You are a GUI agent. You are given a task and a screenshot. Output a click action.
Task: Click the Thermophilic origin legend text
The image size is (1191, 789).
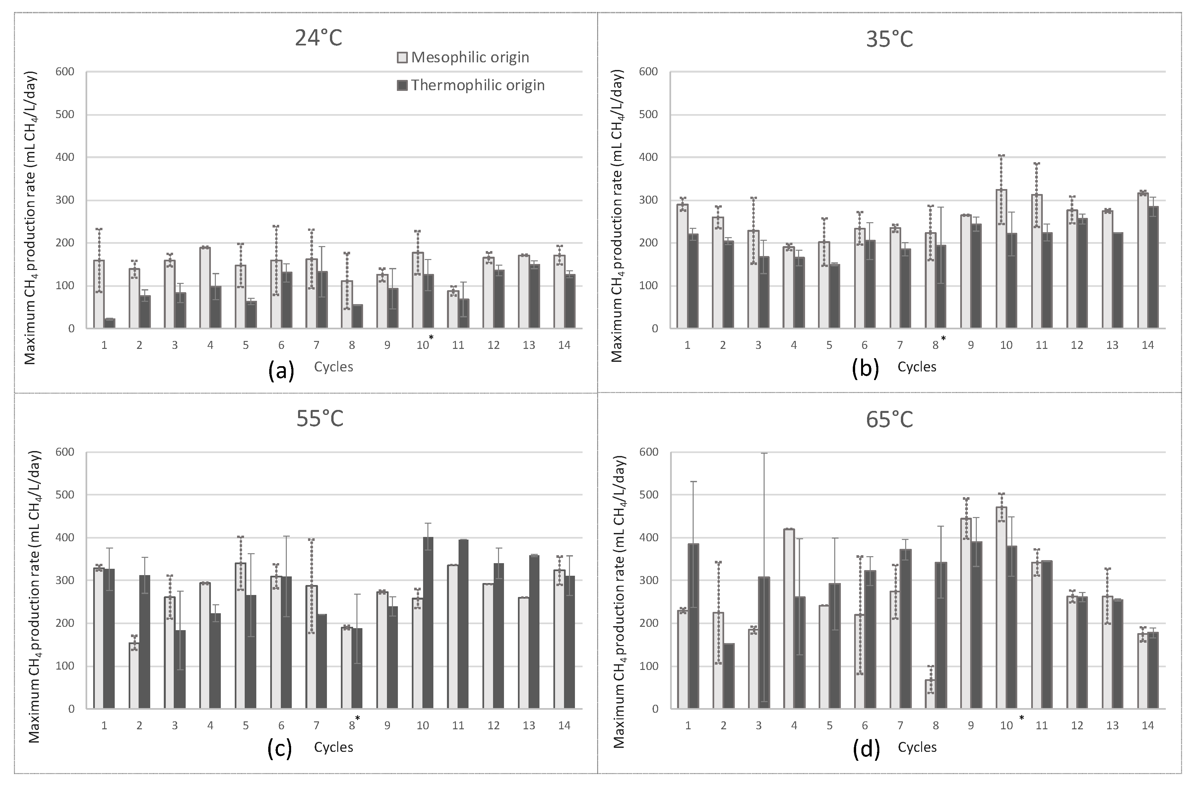(x=477, y=85)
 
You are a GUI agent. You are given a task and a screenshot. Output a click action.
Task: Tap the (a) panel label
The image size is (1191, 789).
(x=281, y=371)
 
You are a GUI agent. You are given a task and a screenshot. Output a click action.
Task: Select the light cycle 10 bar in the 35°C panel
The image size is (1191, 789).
(x=1001, y=259)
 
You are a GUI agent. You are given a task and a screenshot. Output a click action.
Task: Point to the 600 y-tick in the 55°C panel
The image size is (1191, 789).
(x=64, y=452)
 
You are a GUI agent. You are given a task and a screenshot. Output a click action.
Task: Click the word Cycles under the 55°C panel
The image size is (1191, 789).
(x=334, y=747)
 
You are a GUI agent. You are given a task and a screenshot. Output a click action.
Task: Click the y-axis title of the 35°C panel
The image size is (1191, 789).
(x=617, y=215)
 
